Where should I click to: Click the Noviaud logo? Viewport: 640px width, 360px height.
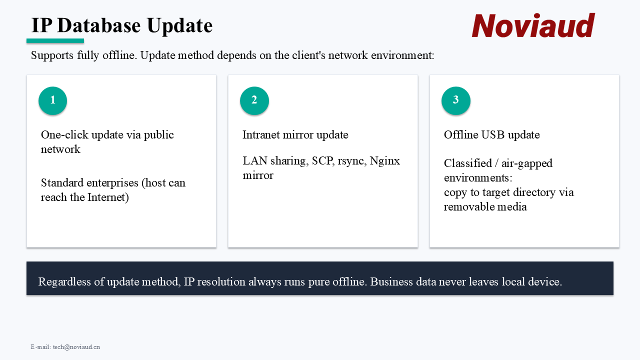[x=533, y=25]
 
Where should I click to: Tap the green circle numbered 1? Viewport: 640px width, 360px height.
[x=53, y=100]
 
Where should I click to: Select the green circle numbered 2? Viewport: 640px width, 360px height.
[x=254, y=100]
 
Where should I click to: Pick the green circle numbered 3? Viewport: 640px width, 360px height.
[x=455, y=100]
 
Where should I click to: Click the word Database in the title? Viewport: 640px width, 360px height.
[x=99, y=25]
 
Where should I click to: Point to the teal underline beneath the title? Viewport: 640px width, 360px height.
[x=55, y=41]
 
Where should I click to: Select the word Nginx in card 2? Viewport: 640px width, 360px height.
[x=385, y=161]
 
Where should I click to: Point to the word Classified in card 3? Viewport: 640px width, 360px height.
[x=468, y=163]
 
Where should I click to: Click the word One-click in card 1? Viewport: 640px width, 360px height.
[x=64, y=135]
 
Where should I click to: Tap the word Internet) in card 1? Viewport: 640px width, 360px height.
[x=108, y=197]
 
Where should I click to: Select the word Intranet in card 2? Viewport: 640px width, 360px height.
[x=261, y=135]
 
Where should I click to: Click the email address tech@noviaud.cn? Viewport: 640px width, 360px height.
[x=76, y=347]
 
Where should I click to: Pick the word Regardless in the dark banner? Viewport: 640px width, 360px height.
[x=64, y=282]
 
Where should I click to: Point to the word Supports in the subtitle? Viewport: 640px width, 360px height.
[x=52, y=55]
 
